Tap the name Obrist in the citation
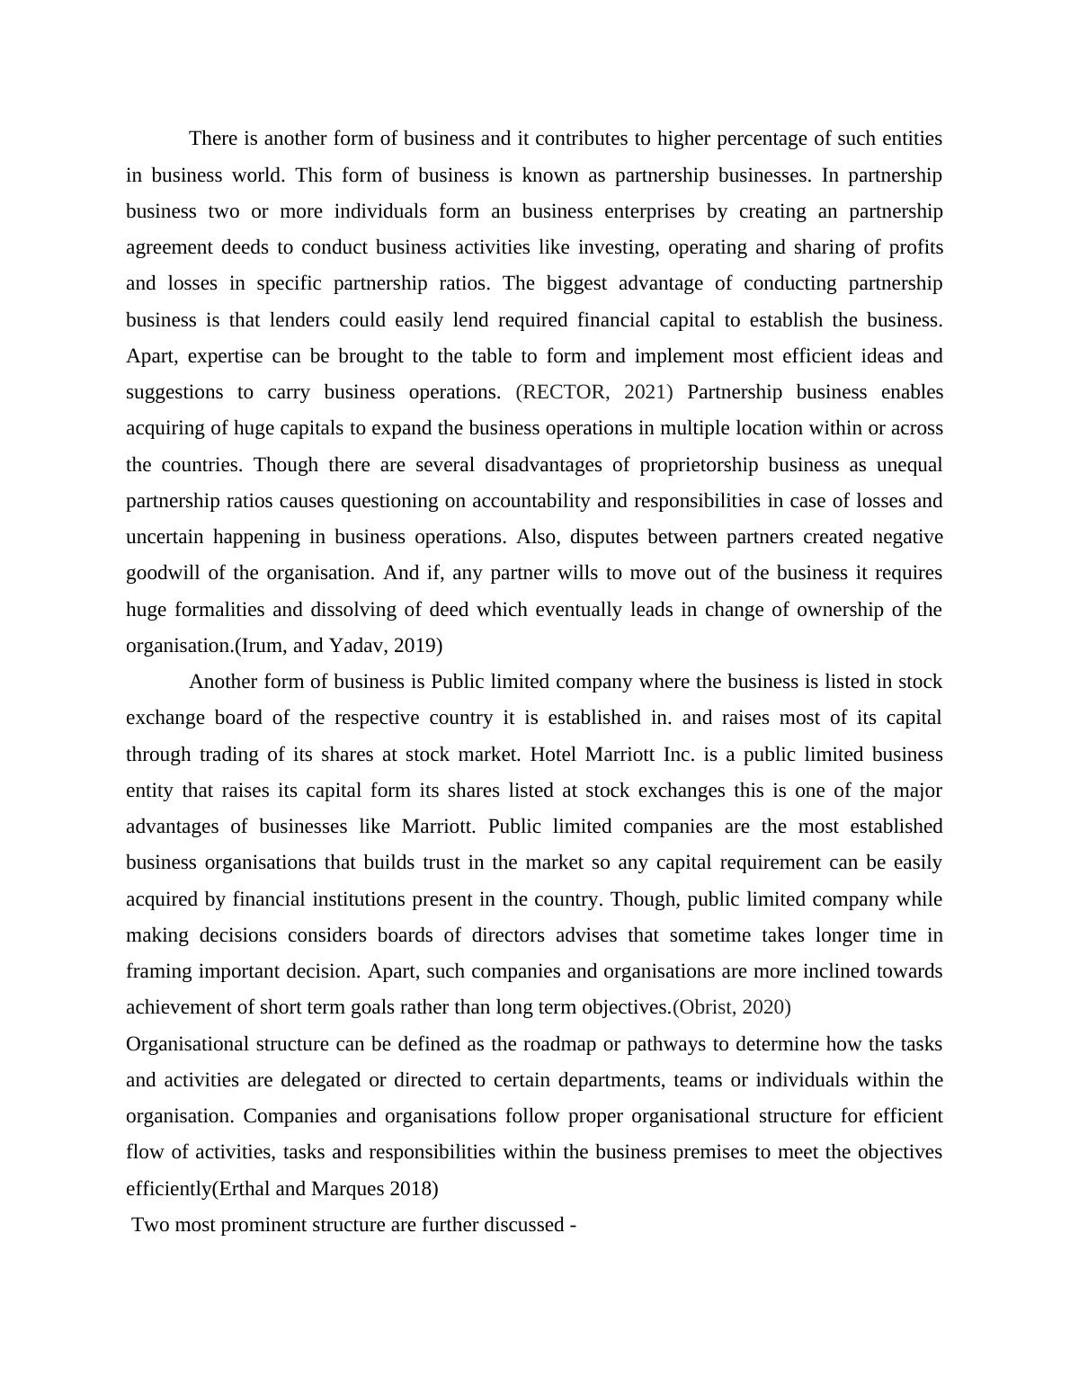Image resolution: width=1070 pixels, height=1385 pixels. (706, 1007)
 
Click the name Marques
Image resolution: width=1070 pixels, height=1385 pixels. (347, 1189)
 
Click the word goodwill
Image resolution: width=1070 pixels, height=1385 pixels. (165, 573)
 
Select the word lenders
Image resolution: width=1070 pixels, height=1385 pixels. (305, 320)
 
